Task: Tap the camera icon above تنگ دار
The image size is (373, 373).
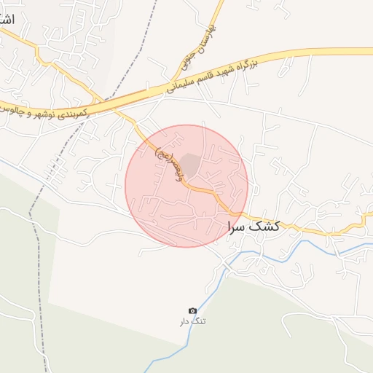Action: pos(192,311)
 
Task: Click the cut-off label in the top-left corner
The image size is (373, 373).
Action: pos(7,18)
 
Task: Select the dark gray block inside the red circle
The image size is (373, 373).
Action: pos(190,165)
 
